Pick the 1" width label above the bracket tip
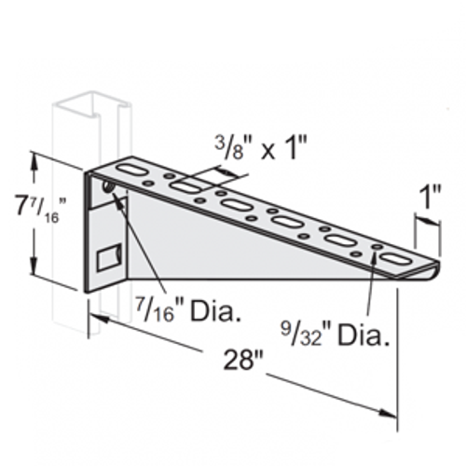429,199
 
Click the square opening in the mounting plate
110,254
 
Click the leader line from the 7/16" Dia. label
140,247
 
